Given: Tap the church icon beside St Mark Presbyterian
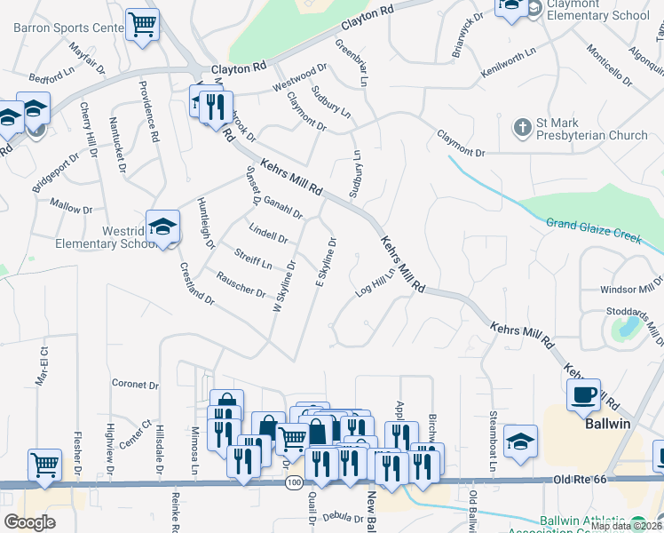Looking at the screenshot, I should (x=523, y=128).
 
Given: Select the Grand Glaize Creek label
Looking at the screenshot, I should (x=593, y=228).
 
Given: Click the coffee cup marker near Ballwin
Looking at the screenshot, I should (x=584, y=394).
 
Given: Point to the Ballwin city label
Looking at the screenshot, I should (x=607, y=424).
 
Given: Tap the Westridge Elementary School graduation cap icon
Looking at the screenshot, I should (x=163, y=227).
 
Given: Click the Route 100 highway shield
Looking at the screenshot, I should (x=293, y=482).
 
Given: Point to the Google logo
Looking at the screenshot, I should (x=28, y=522).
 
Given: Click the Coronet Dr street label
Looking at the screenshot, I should (x=135, y=386).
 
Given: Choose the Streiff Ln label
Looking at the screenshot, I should (x=253, y=259).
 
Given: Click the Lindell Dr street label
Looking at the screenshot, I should (x=268, y=235).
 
